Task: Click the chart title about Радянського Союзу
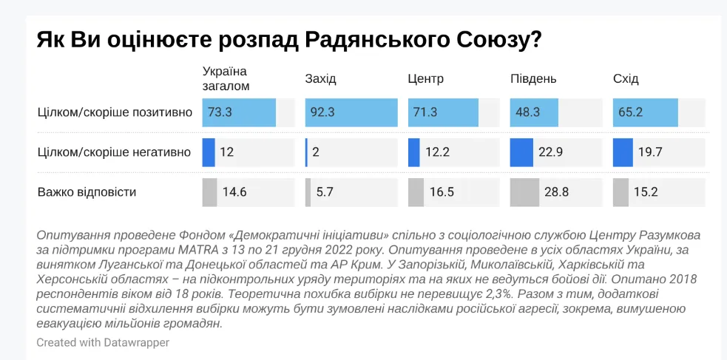click(x=288, y=39)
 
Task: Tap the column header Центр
click(x=426, y=79)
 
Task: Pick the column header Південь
click(x=533, y=79)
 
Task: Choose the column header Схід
click(x=626, y=79)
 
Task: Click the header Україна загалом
click(x=226, y=78)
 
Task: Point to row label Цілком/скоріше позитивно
click(x=115, y=112)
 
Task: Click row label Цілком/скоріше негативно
click(x=114, y=152)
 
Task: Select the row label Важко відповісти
click(x=87, y=192)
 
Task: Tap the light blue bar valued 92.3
click(x=351, y=112)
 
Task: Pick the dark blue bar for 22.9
click(x=521, y=152)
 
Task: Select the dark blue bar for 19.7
click(x=623, y=152)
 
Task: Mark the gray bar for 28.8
click(x=525, y=192)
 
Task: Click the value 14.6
click(x=234, y=193)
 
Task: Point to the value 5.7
click(x=325, y=193)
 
